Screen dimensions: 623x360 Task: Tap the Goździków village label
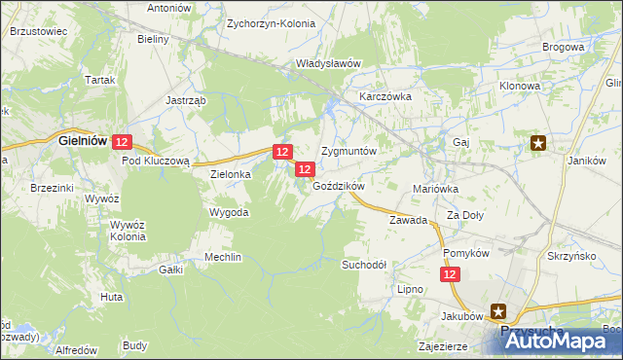tap(338, 186)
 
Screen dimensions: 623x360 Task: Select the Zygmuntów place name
tap(348, 153)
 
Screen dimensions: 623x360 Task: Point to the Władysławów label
tap(328, 64)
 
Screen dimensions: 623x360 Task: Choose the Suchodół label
tap(365, 265)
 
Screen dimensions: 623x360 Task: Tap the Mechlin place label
tap(222, 258)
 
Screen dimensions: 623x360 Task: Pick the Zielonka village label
tap(231, 174)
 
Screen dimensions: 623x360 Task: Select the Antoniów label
tap(168, 8)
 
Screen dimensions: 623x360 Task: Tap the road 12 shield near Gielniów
tap(121, 142)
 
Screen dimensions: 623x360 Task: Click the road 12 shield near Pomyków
tap(450, 276)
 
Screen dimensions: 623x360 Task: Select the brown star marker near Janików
tap(538, 143)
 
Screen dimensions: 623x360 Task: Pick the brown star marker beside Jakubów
tap(498, 311)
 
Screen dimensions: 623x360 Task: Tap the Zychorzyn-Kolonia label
tap(267, 22)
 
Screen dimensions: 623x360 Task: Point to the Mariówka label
tap(435, 189)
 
